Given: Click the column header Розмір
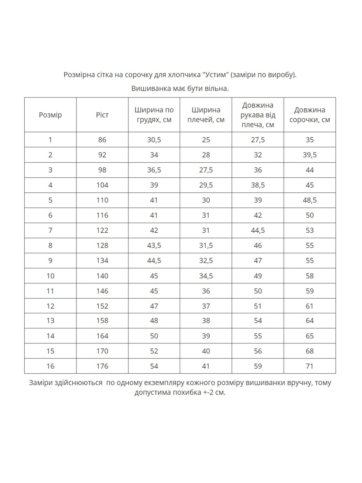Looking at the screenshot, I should (x=50, y=115).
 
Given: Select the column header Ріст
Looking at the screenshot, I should (x=102, y=115).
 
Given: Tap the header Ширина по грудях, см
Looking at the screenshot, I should (x=154, y=115).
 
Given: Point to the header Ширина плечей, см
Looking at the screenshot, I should (x=206, y=115).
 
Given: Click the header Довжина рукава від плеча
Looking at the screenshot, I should (x=258, y=115).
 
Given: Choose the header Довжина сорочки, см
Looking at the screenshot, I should (x=309, y=115).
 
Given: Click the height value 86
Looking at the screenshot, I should (x=102, y=140).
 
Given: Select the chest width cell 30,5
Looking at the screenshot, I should (x=154, y=140).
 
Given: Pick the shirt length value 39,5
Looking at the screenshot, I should (x=309, y=155).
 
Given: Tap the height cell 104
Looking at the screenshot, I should (x=102, y=185).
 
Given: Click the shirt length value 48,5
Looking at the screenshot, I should (x=309, y=200).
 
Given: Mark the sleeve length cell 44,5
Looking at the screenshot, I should (x=258, y=230).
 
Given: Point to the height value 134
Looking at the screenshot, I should (x=102, y=261).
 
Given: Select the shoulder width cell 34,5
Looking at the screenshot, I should (x=206, y=276).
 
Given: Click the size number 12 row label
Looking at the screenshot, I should (x=50, y=306).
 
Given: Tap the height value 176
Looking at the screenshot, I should (x=102, y=366).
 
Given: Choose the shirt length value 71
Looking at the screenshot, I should (x=309, y=366).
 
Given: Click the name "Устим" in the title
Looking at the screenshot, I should (x=215, y=75).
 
